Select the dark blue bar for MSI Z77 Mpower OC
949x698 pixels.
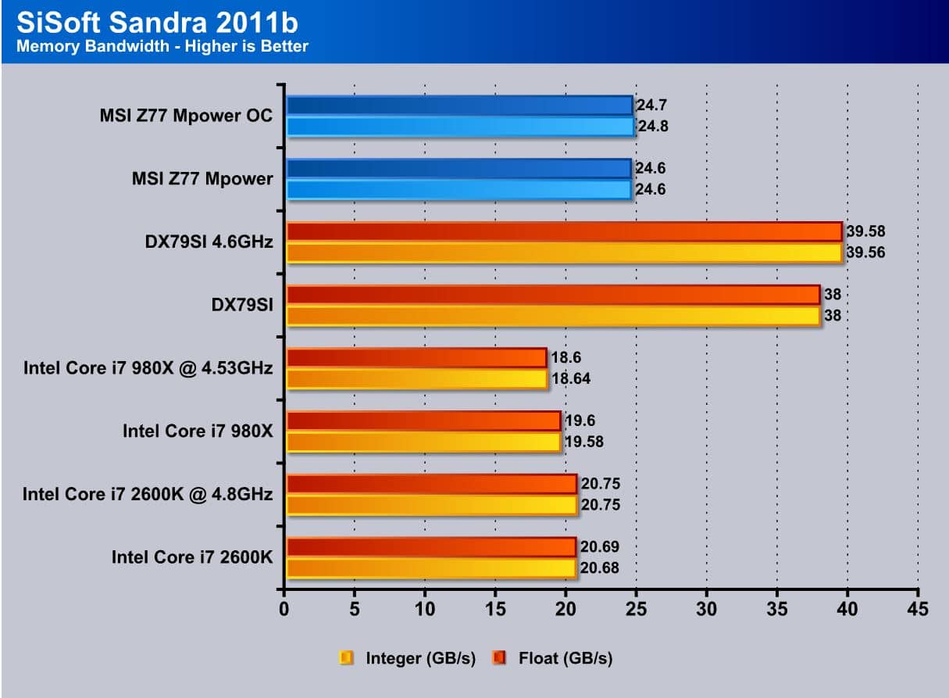tap(459, 105)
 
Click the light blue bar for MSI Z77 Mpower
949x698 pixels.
tap(458, 189)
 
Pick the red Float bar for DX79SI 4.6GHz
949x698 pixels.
tap(564, 231)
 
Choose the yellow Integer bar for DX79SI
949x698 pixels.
tap(553, 316)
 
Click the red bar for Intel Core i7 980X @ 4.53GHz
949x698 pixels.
tap(416, 357)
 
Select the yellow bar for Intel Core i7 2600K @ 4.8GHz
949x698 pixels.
tap(431, 505)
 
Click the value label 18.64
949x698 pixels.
tap(572, 379)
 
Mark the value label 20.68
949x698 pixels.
tap(600, 568)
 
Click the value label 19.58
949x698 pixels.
tap(584, 442)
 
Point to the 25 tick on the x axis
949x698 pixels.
tap(636, 609)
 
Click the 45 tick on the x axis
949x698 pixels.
tap(918, 609)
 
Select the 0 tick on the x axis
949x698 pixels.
tap(284, 609)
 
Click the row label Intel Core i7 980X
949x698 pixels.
tap(197, 431)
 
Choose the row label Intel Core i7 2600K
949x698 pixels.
tap(191, 557)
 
